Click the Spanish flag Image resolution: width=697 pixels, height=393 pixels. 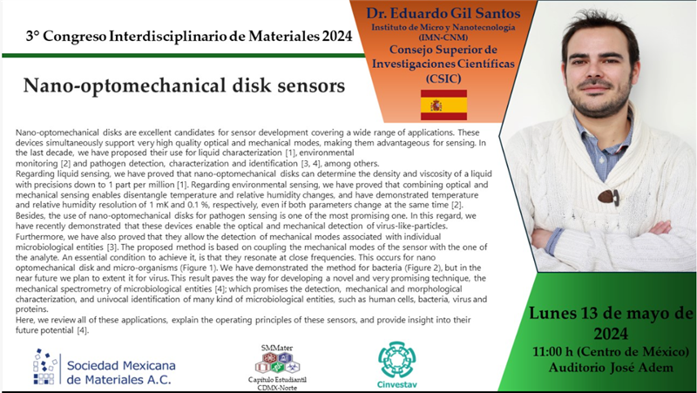[443, 105]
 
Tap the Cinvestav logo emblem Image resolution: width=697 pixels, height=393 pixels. [396, 359]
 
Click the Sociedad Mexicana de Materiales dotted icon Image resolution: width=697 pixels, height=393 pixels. [45, 366]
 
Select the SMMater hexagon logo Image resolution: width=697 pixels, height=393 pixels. [277, 363]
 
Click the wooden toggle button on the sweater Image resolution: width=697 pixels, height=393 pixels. [608, 196]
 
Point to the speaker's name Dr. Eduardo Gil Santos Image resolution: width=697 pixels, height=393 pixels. [443, 13]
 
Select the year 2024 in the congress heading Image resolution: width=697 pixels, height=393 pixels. [337, 36]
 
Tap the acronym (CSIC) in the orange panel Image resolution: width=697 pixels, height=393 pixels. [443, 78]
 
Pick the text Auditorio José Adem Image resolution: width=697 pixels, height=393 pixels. [611, 367]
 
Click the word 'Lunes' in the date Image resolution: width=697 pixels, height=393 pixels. [552, 313]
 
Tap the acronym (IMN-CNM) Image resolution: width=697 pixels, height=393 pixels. [443, 37]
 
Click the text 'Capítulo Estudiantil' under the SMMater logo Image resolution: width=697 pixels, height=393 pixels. [277, 380]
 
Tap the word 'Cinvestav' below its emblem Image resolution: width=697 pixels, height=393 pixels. [397, 384]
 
